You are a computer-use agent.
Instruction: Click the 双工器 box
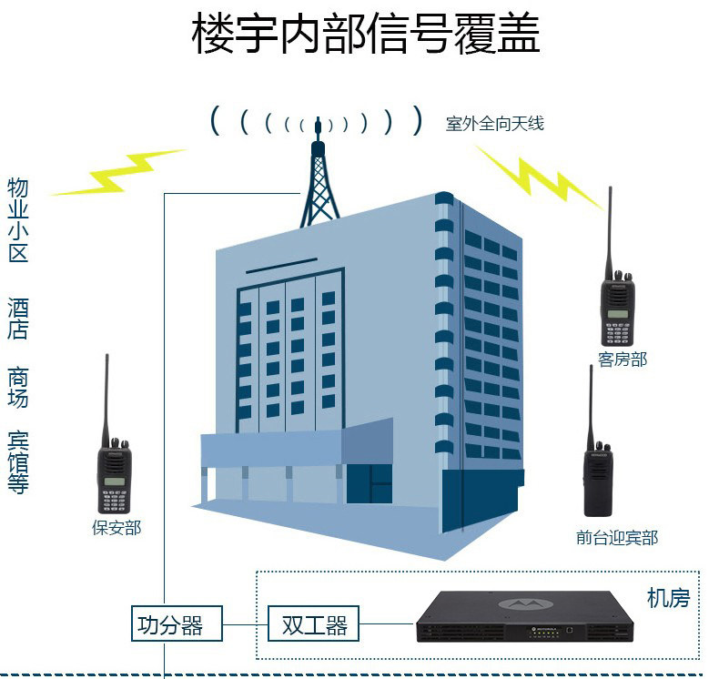(314, 625)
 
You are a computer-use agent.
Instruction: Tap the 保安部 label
(116, 527)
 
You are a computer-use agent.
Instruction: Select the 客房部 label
(623, 359)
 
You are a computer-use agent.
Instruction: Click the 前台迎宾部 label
(616, 537)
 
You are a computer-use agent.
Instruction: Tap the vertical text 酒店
(18, 318)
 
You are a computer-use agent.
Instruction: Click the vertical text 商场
(18, 388)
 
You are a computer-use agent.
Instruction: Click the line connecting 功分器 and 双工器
(246, 625)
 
